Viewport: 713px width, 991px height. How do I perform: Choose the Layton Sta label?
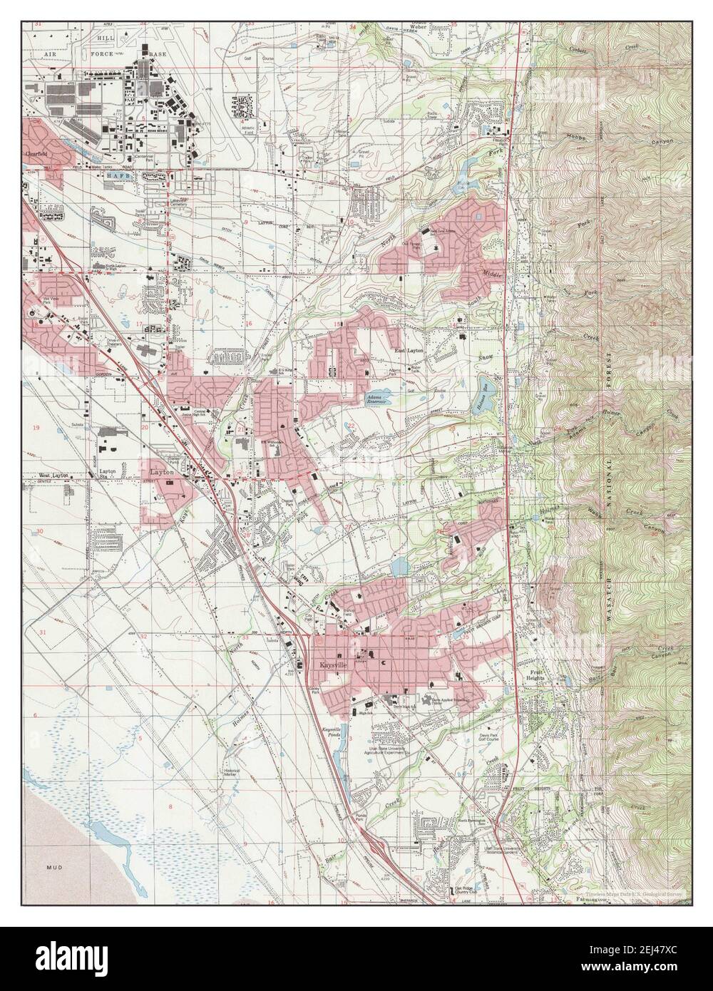[x=108, y=475]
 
